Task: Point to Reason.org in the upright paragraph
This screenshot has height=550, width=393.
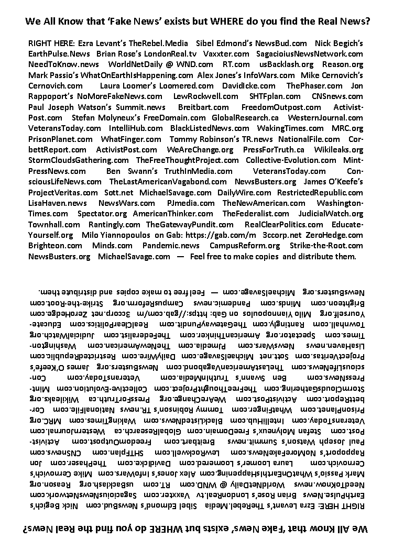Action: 343,64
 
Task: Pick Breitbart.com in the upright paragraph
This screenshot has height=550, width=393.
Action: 199,107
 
